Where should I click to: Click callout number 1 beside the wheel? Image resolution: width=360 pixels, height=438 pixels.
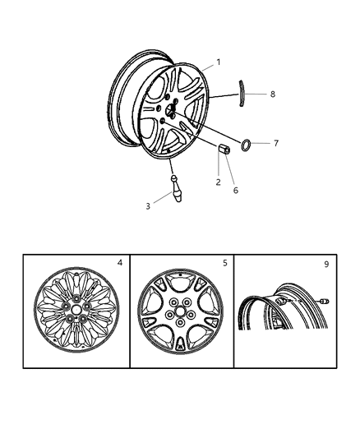219,62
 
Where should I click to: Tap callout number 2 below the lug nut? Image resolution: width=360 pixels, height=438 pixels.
218,182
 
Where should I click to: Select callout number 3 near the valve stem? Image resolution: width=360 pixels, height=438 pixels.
148,206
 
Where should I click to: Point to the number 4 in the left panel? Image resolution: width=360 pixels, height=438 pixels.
120,263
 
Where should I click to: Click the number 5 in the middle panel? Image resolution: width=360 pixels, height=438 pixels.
225,263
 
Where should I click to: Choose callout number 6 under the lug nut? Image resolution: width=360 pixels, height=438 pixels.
236,191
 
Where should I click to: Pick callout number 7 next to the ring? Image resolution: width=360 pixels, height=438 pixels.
276,143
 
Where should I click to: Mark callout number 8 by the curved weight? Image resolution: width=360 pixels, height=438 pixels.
273,95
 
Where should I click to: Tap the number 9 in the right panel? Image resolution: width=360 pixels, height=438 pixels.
326,264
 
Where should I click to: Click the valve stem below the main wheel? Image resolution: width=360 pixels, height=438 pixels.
176,188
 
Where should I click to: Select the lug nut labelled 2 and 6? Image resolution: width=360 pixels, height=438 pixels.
224,149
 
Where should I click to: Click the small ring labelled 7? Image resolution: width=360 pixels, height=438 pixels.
246,145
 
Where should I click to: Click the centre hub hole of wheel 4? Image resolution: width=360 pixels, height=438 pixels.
76,309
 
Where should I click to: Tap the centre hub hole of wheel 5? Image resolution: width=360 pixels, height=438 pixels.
180,311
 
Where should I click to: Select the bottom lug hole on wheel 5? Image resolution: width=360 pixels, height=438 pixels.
180,323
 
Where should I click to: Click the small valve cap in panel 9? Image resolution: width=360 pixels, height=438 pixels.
325,302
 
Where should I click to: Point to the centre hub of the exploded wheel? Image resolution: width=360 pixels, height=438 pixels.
170,109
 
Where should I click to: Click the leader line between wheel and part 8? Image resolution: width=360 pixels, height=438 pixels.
224,96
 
